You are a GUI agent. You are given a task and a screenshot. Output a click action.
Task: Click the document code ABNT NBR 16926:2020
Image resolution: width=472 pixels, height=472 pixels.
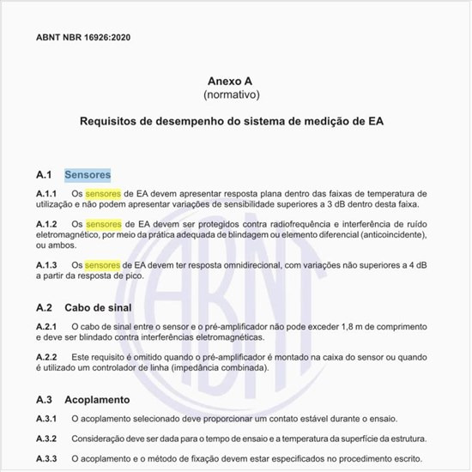(x=83, y=39)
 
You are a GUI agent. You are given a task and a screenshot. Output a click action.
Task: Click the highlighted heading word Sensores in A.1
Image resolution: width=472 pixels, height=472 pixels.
(x=88, y=175)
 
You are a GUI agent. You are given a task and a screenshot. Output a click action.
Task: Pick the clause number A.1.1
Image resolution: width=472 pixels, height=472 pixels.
(x=46, y=195)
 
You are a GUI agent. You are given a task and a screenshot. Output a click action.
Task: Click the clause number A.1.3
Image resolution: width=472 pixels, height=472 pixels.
(x=46, y=265)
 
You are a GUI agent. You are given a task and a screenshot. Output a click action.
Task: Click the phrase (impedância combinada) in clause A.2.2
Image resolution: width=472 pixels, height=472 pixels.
(x=209, y=367)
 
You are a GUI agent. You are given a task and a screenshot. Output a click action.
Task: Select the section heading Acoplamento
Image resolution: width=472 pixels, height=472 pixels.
(x=97, y=400)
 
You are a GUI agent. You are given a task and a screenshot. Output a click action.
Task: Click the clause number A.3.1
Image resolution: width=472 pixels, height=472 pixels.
(x=46, y=420)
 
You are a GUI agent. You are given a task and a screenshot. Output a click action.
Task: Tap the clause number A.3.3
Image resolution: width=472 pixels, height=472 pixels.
(x=46, y=459)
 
